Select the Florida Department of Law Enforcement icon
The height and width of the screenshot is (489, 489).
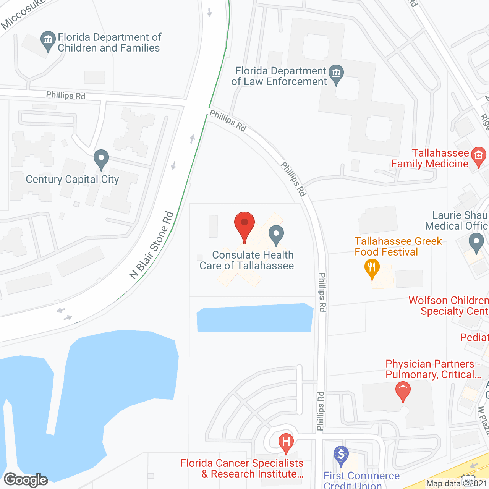coord(336,74)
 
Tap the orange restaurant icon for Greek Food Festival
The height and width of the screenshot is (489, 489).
coord(372,268)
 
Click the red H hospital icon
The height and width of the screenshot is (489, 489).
coord(286,442)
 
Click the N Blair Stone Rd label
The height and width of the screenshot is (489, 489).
coord(152,246)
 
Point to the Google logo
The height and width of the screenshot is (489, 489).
coord(26,480)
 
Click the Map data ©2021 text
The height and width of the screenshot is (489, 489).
coord(457,484)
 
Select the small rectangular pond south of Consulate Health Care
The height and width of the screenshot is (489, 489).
coord(254,318)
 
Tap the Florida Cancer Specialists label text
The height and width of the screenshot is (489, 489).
coord(242,468)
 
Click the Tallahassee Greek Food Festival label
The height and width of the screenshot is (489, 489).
coord(398,246)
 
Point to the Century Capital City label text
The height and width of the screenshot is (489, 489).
coord(72,179)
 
